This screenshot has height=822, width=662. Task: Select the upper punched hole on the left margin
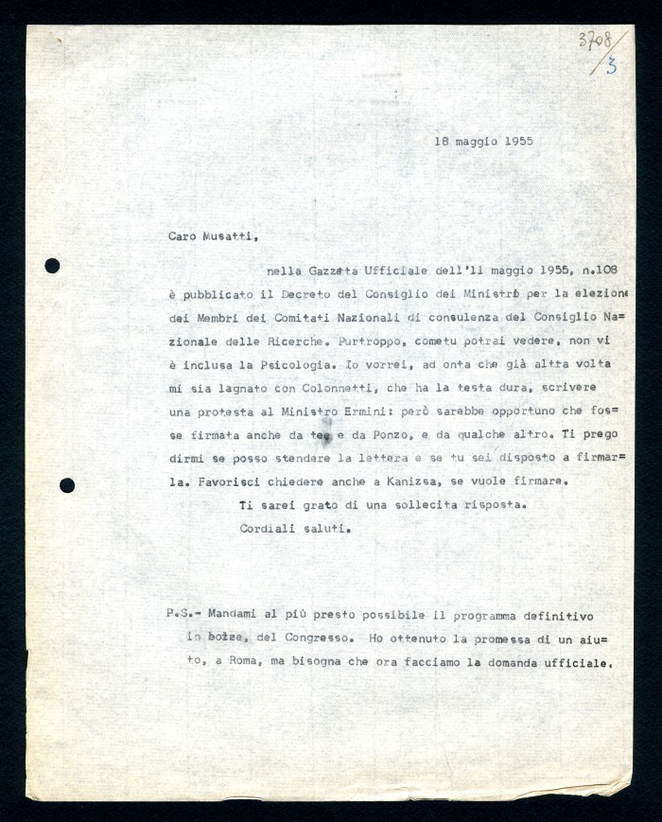(52, 266)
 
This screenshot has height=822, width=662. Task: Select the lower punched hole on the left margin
(67, 485)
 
